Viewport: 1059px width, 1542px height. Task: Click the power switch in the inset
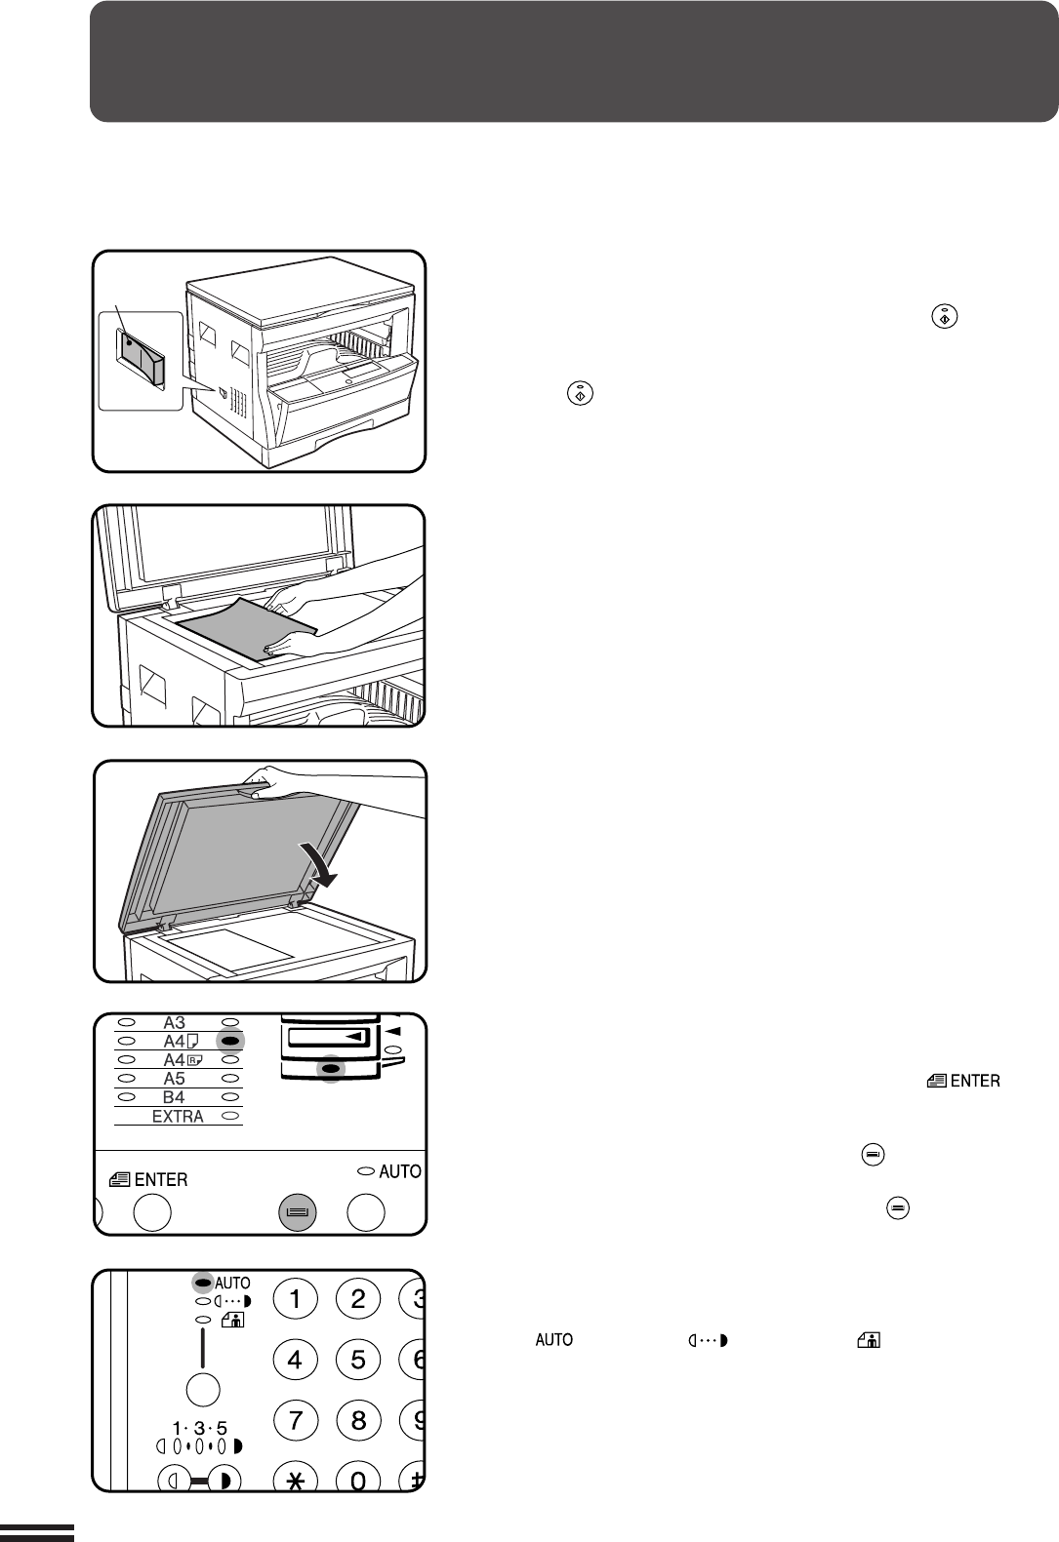point(140,355)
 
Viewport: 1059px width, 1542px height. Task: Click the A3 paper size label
point(175,1023)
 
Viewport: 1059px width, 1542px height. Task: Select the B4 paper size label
point(174,1097)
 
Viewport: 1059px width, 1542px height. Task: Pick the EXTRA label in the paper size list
point(178,1117)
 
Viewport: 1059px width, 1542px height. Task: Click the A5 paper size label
point(174,1079)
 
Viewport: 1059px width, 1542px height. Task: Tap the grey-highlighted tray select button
point(298,1212)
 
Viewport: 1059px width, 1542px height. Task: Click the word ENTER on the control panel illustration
point(161,1180)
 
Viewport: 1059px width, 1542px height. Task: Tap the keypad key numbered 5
point(358,1359)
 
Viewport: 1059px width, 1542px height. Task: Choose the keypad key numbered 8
point(358,1419)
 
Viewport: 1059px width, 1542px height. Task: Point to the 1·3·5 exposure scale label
point(200,1429)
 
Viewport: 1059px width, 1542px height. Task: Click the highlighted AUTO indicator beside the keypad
point(204,1284)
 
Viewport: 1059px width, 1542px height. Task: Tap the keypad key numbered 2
point(358,1298)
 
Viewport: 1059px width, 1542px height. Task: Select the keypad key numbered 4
point(296,1359)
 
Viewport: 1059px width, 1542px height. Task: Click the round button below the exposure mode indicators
point(203,1390)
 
